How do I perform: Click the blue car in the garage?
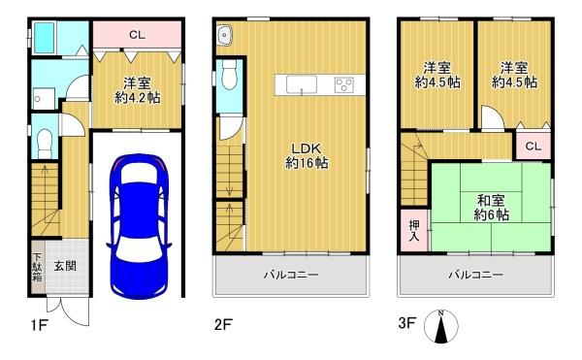point(139,226)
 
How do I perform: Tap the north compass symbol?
point(441,326)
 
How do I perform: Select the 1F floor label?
point(39,325)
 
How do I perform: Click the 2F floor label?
point(223,325)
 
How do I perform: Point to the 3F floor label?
point(406,323)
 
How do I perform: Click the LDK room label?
point(307,148)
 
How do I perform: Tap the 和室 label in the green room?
point(491,201)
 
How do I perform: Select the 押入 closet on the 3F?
point(414,231)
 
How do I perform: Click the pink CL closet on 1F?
point(137,34)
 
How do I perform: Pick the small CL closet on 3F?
point(533,146)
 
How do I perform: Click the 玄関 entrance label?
point(65,266)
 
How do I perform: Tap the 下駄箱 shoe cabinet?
point(38,267)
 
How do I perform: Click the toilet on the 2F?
point(229,75)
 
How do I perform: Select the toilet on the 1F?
point(46,143)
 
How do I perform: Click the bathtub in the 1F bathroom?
point(45,38)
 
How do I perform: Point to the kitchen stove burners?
point(344,85)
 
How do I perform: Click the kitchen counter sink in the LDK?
point(302,84)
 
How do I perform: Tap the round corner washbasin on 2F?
point(224,35)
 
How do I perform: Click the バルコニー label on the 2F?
point(291,275)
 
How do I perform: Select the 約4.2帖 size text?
point(138,98)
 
